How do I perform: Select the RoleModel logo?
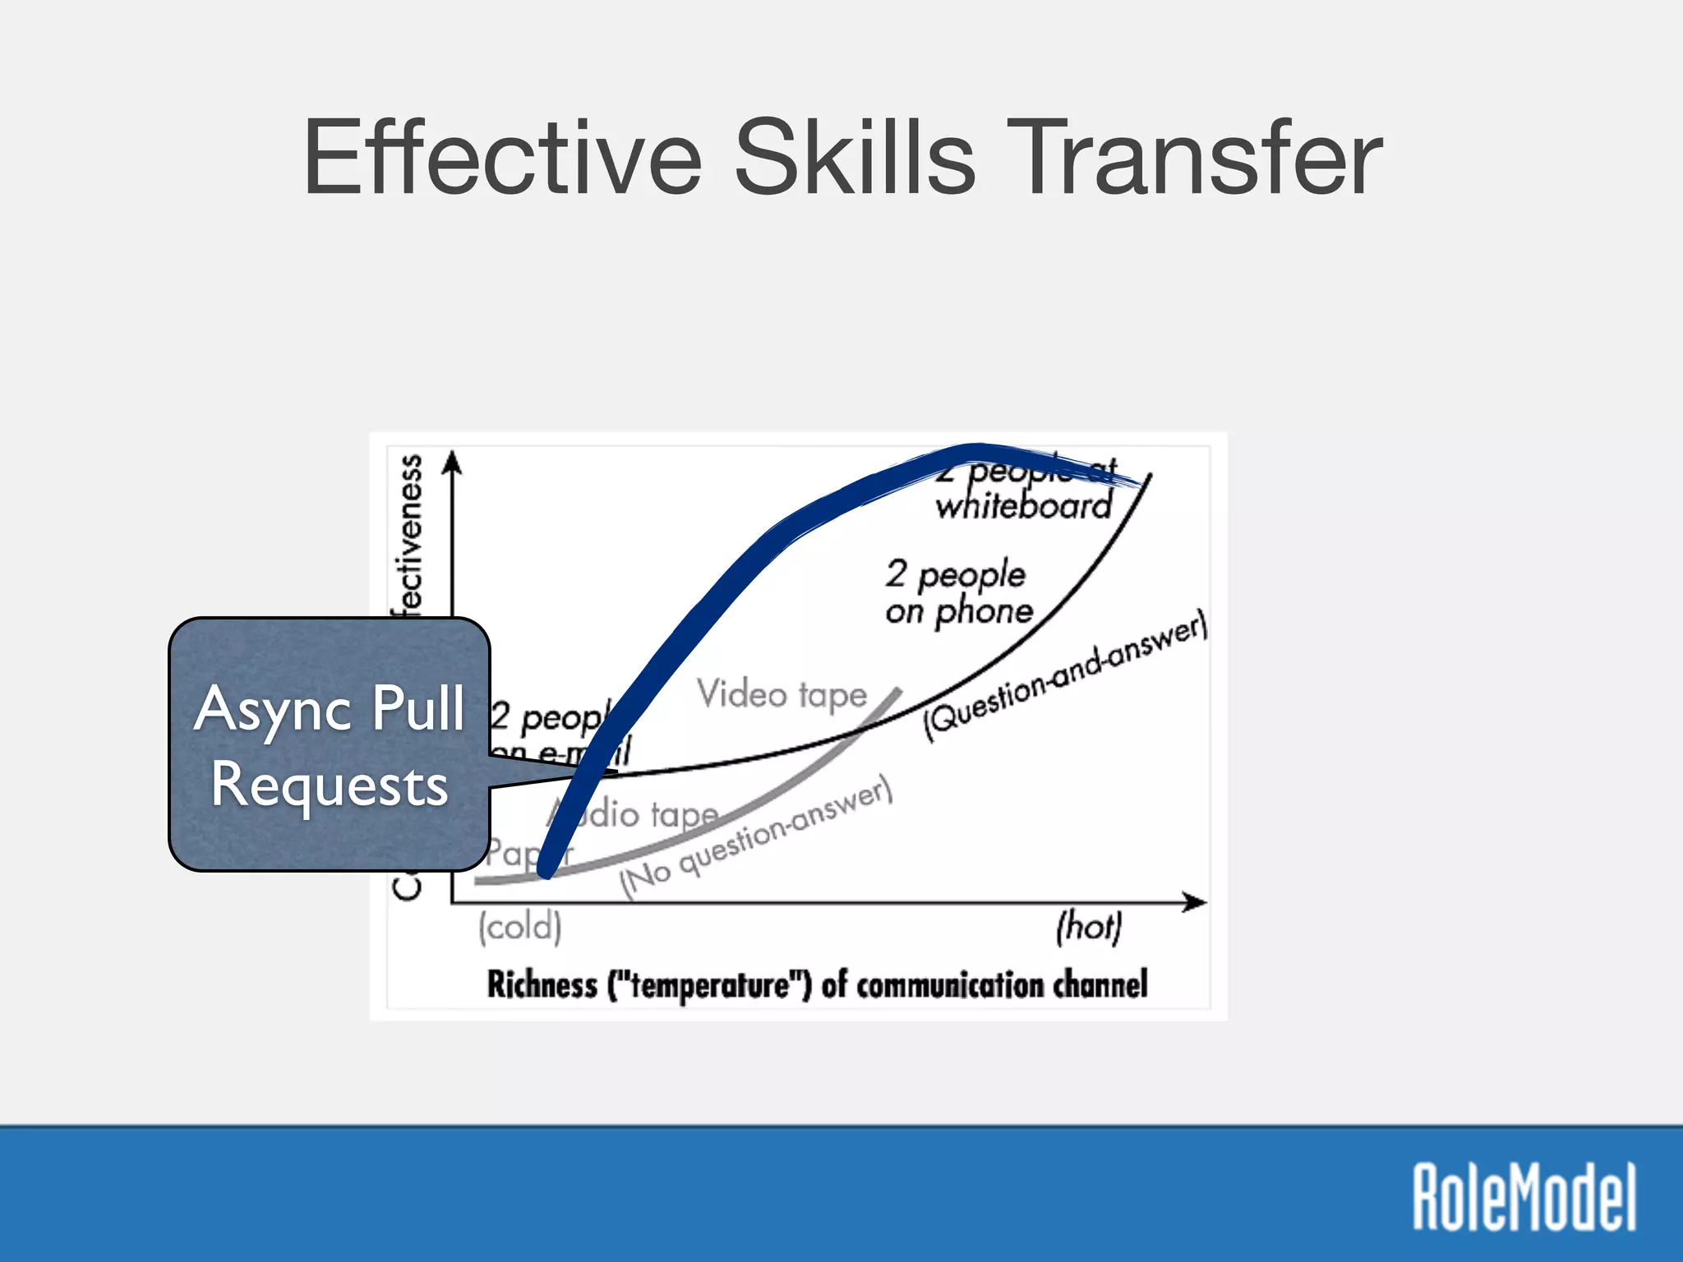click(x=1524, y=1196)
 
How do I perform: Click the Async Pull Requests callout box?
click(x=329, y=744)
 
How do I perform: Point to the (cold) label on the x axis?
click(x=520, y=927)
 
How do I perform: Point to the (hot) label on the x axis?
click(x=1089, y=927)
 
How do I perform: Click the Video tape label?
click(x=782, y=694)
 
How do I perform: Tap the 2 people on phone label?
click(x=958, y=592)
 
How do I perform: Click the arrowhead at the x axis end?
click(x=1197, y=902)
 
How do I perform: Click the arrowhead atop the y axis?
click(x=451, y=462)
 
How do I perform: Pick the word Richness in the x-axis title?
click(x=542, y=984)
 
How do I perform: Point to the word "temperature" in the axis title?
click(x=710, y=984)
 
